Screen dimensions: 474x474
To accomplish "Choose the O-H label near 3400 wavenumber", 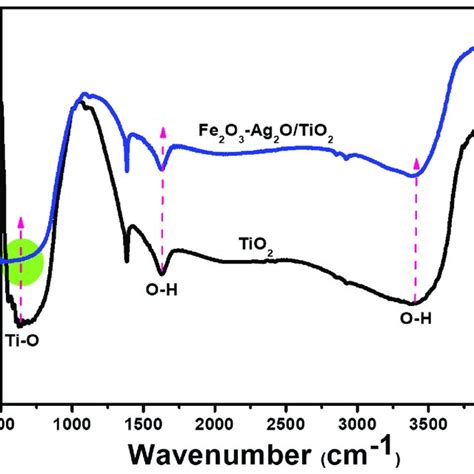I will point(417,320).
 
